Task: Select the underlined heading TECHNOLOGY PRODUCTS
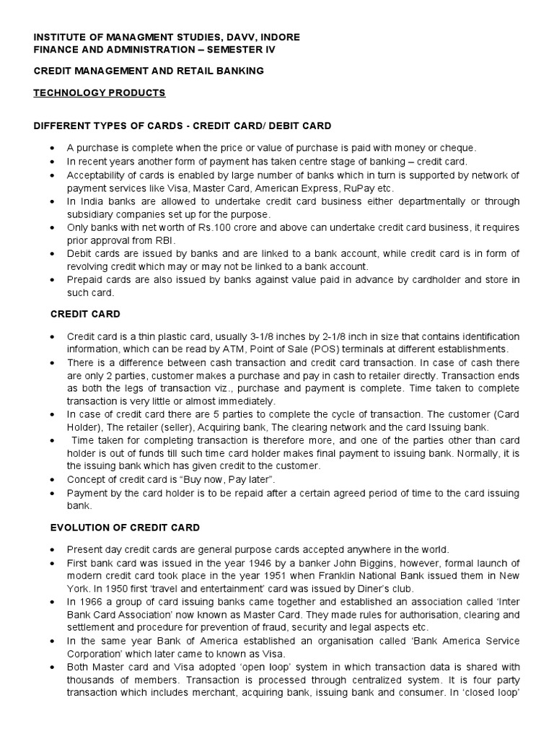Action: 100,93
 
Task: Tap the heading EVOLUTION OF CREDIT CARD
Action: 125,528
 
